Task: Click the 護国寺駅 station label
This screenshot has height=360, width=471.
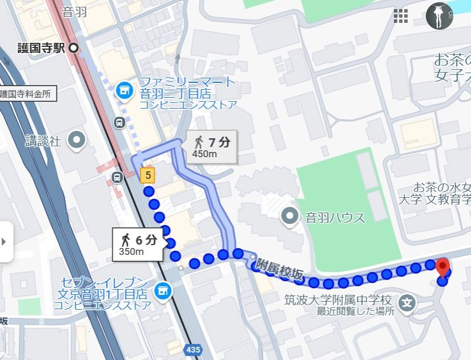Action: pyautogui.click(x=41, y=49)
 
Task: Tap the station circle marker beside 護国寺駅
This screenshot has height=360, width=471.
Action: pyautogui.click(x=74, y=49)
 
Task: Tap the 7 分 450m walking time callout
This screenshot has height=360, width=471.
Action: pyautogui.click(x=211, y=147)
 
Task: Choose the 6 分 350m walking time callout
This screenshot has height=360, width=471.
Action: pyautogui.click(x=136, y=244)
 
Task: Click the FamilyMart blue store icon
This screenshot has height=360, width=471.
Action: pyautogui.click(x=123, y=90)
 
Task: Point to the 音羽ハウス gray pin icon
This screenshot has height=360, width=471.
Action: pyautogui.click(x=291, y=216)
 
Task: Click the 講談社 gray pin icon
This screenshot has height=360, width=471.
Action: pyautogui.click(x=76, y=139)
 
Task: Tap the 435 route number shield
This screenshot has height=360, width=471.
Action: pyautogui.click(x=193, y=349)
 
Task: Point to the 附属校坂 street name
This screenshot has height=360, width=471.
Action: pyautogui.click(x=279, y=269)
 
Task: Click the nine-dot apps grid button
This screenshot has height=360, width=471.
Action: pyautogui.click(x=401, y=16)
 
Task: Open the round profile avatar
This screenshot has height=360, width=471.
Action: pyautogui.click(x=439, y=16)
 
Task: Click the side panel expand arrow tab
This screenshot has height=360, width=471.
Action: pyautogui.click(x=5, y=242)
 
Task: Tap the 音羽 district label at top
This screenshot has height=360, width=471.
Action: pyautogui.click(x=74, y=11)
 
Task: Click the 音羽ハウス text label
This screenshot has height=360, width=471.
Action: pyautogui.click(x=335, y=217)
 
